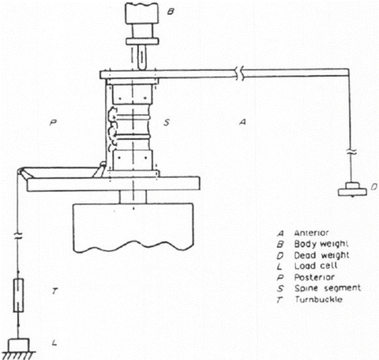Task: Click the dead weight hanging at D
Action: pos(352,189)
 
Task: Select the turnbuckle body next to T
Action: pos(18,295)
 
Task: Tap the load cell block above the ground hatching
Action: pos(18,345)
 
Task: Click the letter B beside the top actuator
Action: pos(171,12)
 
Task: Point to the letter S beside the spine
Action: pos(167,122)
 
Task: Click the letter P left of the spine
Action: pos(53,122)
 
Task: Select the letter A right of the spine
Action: pos(242,122)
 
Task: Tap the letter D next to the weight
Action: pos(374,187)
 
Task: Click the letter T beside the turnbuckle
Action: pos(54,291)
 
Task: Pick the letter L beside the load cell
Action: pos(54,343)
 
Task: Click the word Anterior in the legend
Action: pos(311,233)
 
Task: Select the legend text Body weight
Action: pos(321,245)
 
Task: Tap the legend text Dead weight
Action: pos(321,256)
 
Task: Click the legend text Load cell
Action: pos(316,266)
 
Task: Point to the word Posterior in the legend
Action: pos(314,277)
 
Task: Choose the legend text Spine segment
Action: pos(328,288)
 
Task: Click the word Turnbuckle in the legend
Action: pos(318,299)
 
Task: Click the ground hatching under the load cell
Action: pos(18,355)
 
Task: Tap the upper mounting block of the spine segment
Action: pos(132,94)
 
